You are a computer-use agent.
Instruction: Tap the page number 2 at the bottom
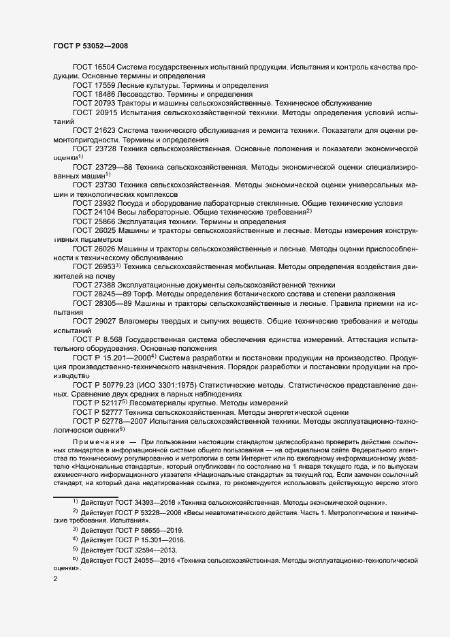tap(55, 579)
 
